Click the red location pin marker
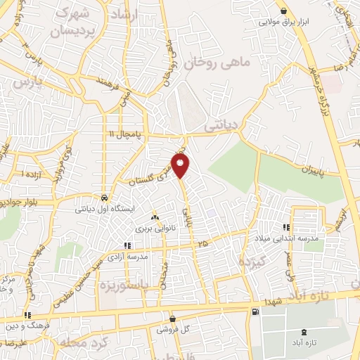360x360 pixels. click(x=182, y=166)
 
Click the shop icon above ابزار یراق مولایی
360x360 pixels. click(x=283, y=11)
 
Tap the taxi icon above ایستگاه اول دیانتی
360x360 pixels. click(x=104, y=198)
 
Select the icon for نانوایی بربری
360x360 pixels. click(x=155, y=219)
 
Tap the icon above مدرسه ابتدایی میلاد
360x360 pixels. click(x=286, y=227)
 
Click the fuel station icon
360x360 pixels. click(x=254, y=311)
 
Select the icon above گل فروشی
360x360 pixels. click(x=172, y=319)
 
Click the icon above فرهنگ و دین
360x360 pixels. click(x=28, y=315)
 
